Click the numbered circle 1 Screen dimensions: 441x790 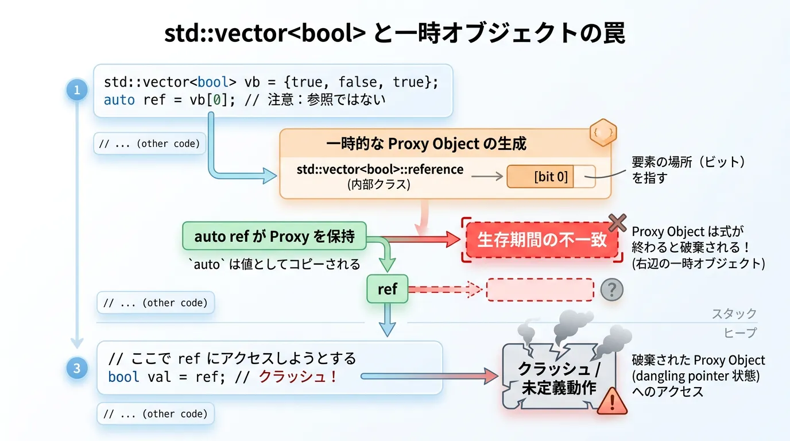pyautogui.click(x=76, y=90)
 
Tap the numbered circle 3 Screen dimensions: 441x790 pyautogui.click(x=76, y=368)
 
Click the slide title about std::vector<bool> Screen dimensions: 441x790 pyautogui.click(x=394, y=34)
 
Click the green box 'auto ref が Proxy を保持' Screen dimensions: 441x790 pyautogui.click(x=274, y=236)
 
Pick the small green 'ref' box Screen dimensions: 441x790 pyautogui.click(x=387, y=289)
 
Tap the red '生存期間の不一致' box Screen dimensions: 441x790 pyautogui.click(x=542, y=239)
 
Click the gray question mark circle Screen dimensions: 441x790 pyautogui.click(x=611, y=290)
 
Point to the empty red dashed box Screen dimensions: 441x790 pyautogui.click(x=540, y=290)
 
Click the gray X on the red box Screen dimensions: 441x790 pyautogui.click(x=617, y=223)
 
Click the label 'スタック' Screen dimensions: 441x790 pyautogui.click(x=734, y=314)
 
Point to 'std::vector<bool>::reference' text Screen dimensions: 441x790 pyautogui.click(x=379, y=169)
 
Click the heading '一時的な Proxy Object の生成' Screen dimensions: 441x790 pyautogui.click(x=426, y=144)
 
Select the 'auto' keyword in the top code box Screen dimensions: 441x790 pyautogui.click(x=119, y=99)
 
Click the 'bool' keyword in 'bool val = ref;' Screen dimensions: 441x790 pyautogui.click(x=123, y=377)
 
